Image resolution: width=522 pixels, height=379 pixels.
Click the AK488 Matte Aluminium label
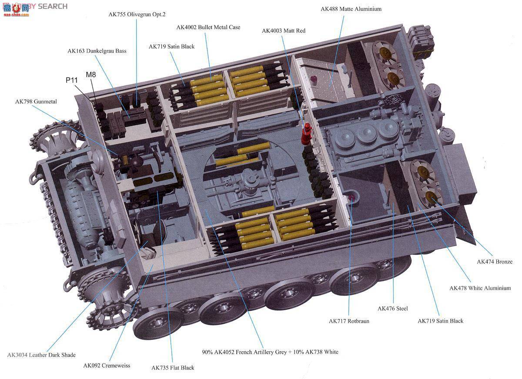pyautogui.click(x=351, y=9)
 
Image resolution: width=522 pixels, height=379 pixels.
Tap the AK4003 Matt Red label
pyautogui.click(x=283, y=31)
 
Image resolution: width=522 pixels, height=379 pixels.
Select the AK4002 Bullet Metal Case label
pyautogui.click(x=208, y=27)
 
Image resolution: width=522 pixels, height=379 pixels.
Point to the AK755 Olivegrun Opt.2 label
pyautogui.click(x=137, y=14)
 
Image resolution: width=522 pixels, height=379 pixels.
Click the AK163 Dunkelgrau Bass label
pyautogui.click(x=97, y=51)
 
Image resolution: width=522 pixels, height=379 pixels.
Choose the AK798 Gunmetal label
pyautogui.click(x=36, y=102)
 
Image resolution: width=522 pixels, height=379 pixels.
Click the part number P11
pyautogui.click(x=71, y=80)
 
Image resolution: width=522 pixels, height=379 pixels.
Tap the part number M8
pyautogui.click(x=91, y=74)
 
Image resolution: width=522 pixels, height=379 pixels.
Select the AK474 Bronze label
pyautogui.click(x=495, y=262)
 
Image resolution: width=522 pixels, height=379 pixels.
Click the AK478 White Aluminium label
pyautogui.click(x=480, y=288)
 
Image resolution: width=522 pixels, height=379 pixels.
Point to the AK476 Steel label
pyautogui.click(x=393, y=308)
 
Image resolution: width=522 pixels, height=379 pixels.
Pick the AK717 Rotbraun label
pyautogui.click(x=349, y=321)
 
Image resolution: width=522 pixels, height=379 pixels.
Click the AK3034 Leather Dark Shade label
pyautogui.click(x=41, y=355)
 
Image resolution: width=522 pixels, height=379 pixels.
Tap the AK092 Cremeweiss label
pyautogui.click(x=107, y=365)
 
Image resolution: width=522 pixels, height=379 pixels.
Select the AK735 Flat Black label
pyautogui.click(x=173, y=368)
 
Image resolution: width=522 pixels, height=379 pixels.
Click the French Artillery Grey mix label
pyautogui.click(x=270, y=352)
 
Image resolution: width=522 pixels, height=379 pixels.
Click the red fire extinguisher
pyautogui.click(x=307, y=134)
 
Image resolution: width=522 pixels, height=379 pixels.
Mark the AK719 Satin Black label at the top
pyautogui.click(x=171, y=47)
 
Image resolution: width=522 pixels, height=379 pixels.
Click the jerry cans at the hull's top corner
pyautogui.click(x=420, y=41)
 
